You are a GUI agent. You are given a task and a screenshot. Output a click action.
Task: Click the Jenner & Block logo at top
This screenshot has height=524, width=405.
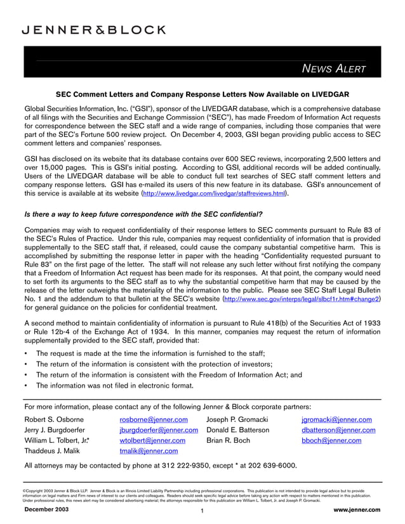94,30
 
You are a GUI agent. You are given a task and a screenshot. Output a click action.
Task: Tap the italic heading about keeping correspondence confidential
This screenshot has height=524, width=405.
143,214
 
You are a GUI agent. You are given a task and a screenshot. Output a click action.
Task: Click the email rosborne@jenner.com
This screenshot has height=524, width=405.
154,419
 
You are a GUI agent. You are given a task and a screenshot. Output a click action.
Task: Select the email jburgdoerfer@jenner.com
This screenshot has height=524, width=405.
159,430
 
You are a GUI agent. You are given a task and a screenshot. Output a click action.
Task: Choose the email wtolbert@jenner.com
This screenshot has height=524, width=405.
152,440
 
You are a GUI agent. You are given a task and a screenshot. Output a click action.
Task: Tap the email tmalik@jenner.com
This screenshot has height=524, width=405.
149,451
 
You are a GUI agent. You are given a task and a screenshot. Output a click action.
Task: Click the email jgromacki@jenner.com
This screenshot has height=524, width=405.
336,419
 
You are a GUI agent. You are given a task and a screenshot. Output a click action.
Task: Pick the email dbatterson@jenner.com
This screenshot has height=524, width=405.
338,430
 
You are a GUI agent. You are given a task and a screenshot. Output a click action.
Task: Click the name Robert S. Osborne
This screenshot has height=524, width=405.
58,419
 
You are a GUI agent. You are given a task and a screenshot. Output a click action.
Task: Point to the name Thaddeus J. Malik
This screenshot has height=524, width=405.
55,451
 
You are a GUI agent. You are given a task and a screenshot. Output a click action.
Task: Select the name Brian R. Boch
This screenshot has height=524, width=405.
228,440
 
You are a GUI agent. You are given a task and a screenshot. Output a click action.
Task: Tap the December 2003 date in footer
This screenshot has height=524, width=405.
46,509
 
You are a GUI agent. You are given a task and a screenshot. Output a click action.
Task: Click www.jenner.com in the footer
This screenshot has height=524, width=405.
356,509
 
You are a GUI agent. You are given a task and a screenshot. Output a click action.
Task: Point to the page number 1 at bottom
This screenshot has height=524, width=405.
201,511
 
